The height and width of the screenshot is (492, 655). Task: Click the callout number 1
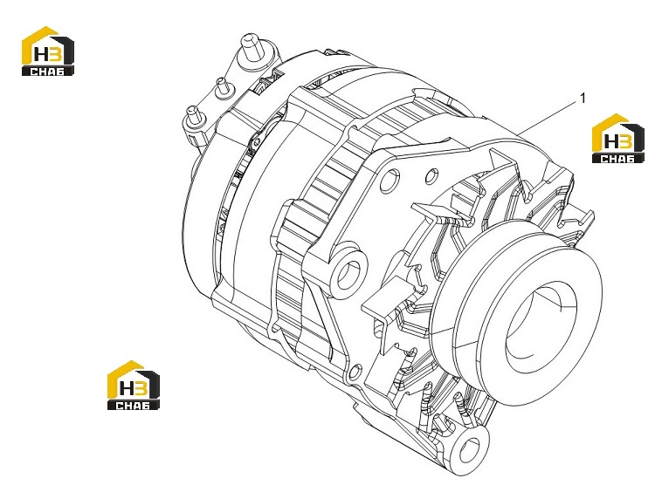coord(583,99)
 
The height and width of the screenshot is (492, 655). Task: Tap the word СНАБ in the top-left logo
coord(48,72)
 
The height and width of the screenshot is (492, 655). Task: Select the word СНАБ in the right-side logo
coord(617,159)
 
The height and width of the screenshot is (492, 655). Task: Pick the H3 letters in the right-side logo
coord(617,141)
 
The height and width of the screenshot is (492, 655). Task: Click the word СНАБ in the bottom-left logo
coord(134,405)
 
